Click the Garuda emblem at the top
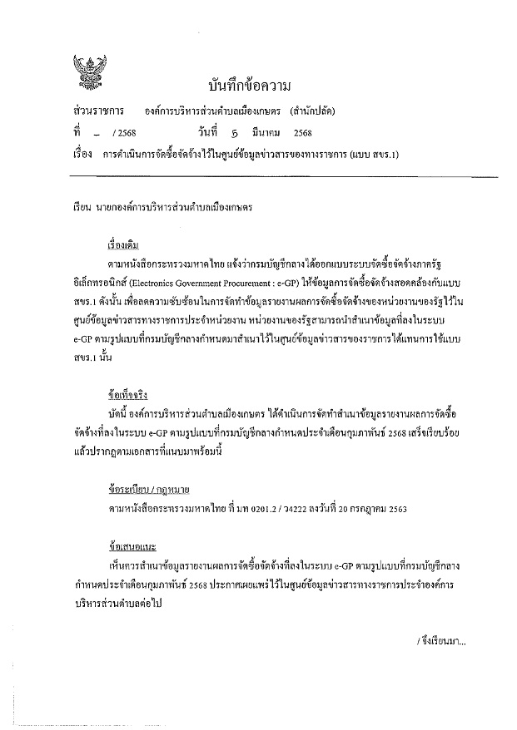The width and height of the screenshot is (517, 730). [x=86, y=70]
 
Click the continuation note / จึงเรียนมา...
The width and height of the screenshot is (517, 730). [x=441, y=640]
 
